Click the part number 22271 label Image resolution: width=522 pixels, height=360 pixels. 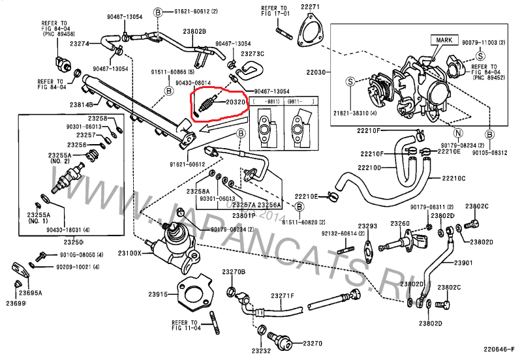pos(311,7)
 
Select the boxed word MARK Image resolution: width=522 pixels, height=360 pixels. pos(442,40)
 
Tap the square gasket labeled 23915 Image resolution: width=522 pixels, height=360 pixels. pos(195,293)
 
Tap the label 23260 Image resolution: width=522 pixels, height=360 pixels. pos(400,224)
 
